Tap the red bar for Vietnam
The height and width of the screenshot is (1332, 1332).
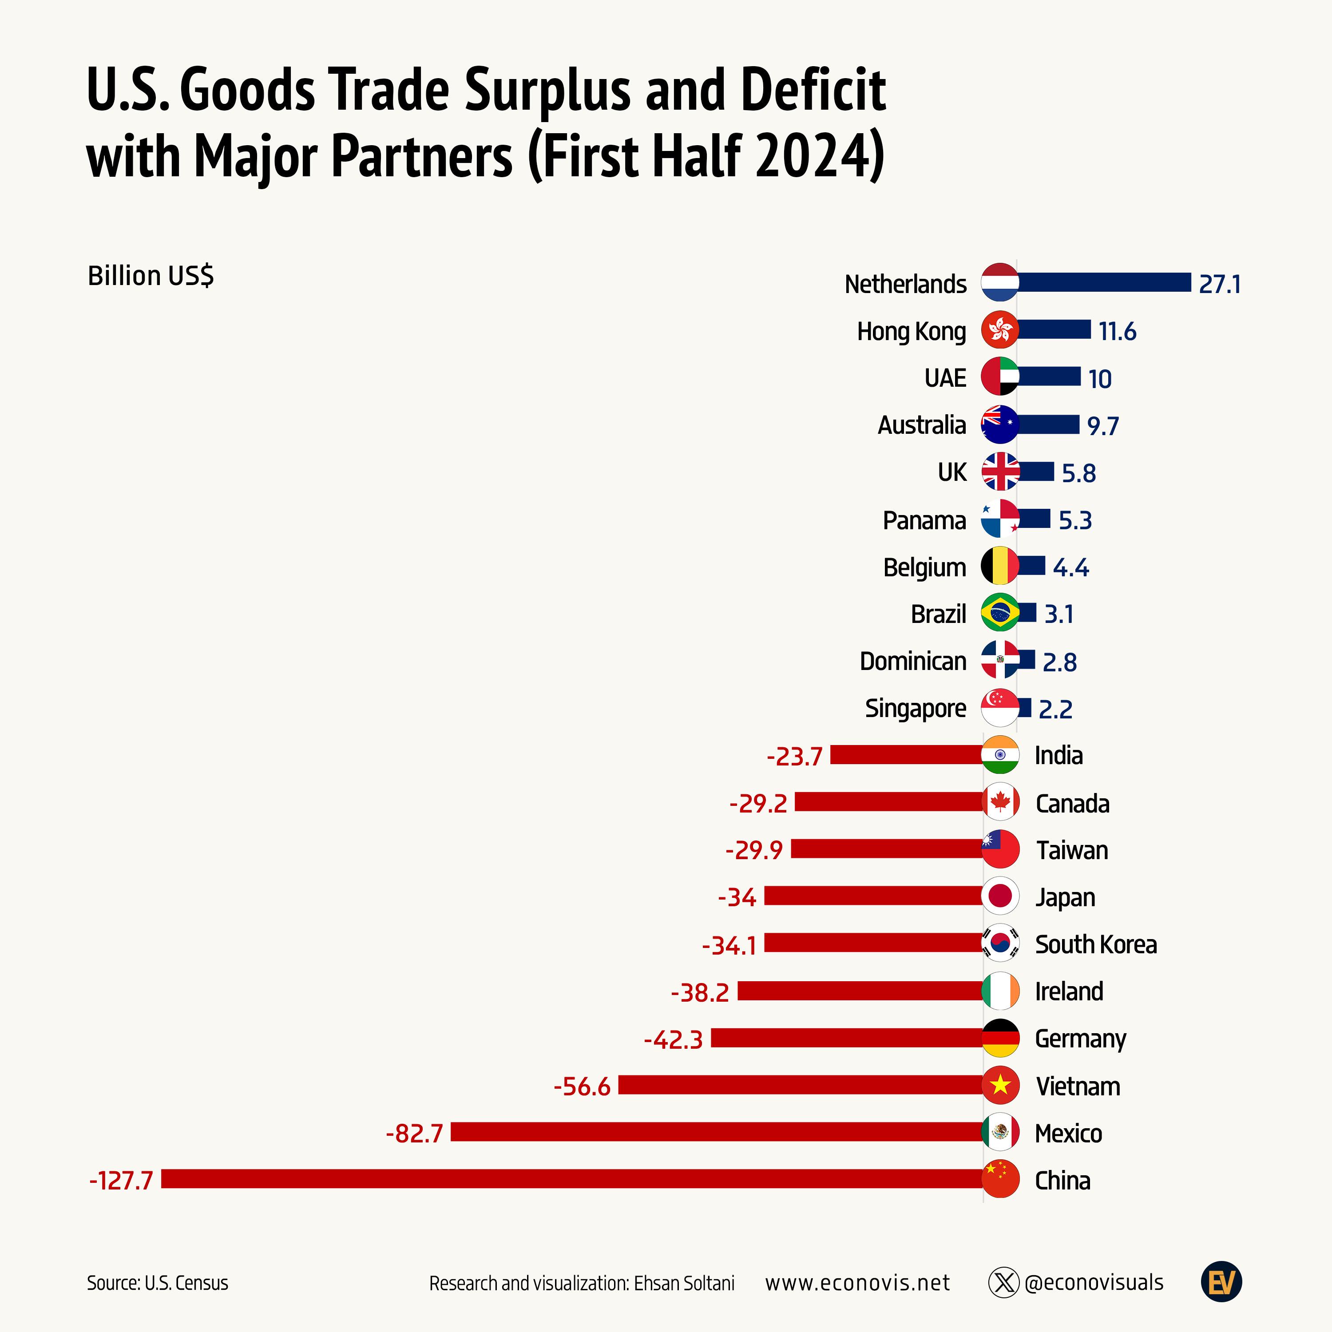[800, 1085]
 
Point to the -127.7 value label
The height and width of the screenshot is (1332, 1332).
[121, 1180]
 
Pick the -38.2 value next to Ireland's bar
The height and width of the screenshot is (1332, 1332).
[700, 992]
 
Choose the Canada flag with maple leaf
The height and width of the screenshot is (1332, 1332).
[1000, 802]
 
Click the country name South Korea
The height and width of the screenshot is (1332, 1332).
[1095, 944]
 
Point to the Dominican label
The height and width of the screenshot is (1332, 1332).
[913, 661]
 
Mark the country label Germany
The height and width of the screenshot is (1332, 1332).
[1080, 1039]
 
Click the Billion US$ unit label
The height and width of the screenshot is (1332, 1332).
[151, 276]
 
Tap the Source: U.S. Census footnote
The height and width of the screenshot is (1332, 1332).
[157, 1283]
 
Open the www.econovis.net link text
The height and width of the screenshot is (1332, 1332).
[857, 1283]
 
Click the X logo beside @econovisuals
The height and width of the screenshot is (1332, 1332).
[1003, 1283]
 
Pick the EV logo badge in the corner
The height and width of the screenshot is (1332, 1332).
[1221, 1282]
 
